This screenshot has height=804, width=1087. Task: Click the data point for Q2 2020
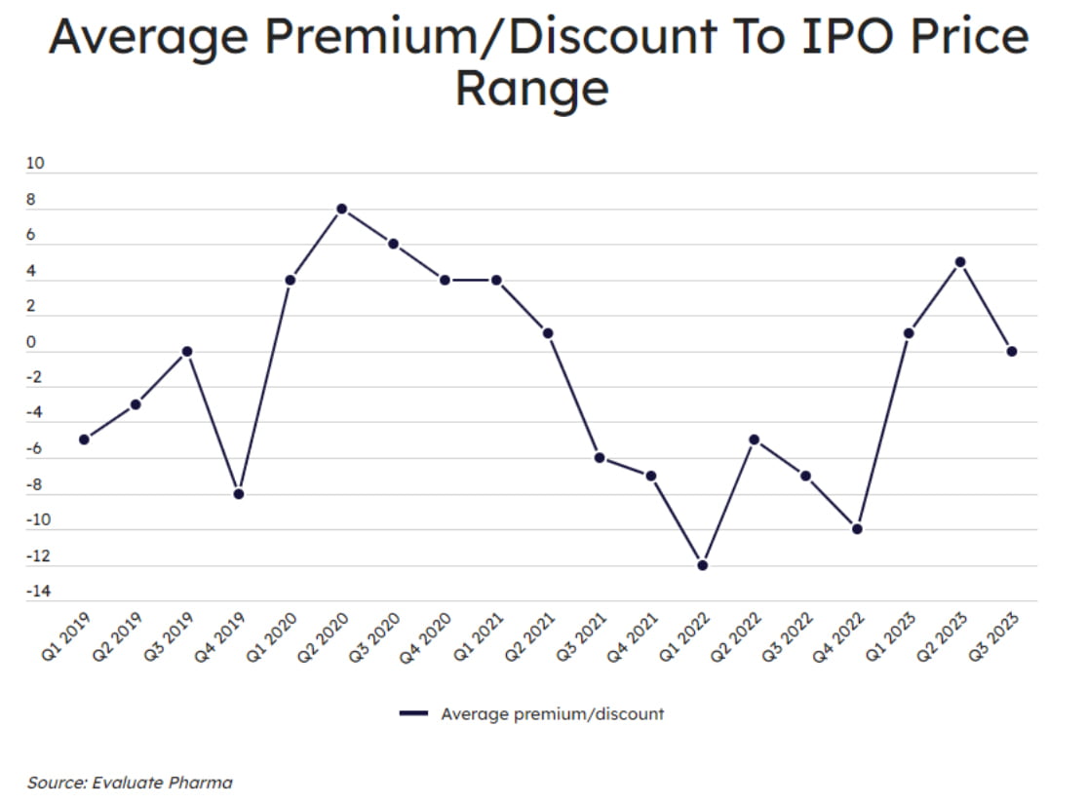(x=342, y=209)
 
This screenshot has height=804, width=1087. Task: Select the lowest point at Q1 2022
(x=703, y=565)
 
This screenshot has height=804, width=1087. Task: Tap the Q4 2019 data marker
(x=239, y=494)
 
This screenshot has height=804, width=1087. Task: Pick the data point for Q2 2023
(x=960, y=262)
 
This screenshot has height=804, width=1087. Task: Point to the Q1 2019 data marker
(x=84, y=440)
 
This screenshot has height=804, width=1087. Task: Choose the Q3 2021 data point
(x=600, y=458)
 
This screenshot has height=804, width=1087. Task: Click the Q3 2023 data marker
(x=1012, y=352)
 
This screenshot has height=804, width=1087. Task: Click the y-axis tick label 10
(x=35, y=164)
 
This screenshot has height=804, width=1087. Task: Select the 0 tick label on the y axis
(x=31, y=342)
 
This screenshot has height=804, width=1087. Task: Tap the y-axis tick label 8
(x=31, y=200)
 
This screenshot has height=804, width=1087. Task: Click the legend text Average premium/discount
(x=552, y=713)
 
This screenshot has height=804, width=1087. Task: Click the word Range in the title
(x=532, y=90)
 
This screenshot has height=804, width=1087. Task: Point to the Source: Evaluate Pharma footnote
(x=130, y=782)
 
